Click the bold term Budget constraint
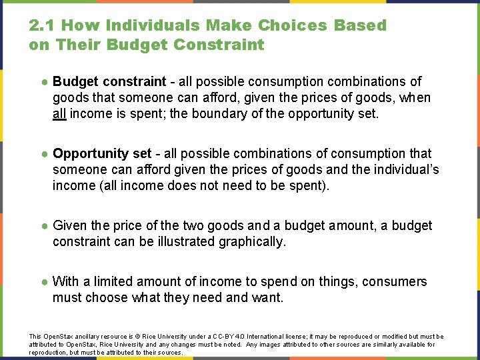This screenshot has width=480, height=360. pos(109,81)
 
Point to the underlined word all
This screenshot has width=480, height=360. pos(59,113)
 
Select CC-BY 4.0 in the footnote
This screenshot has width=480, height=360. pos(225,337)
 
